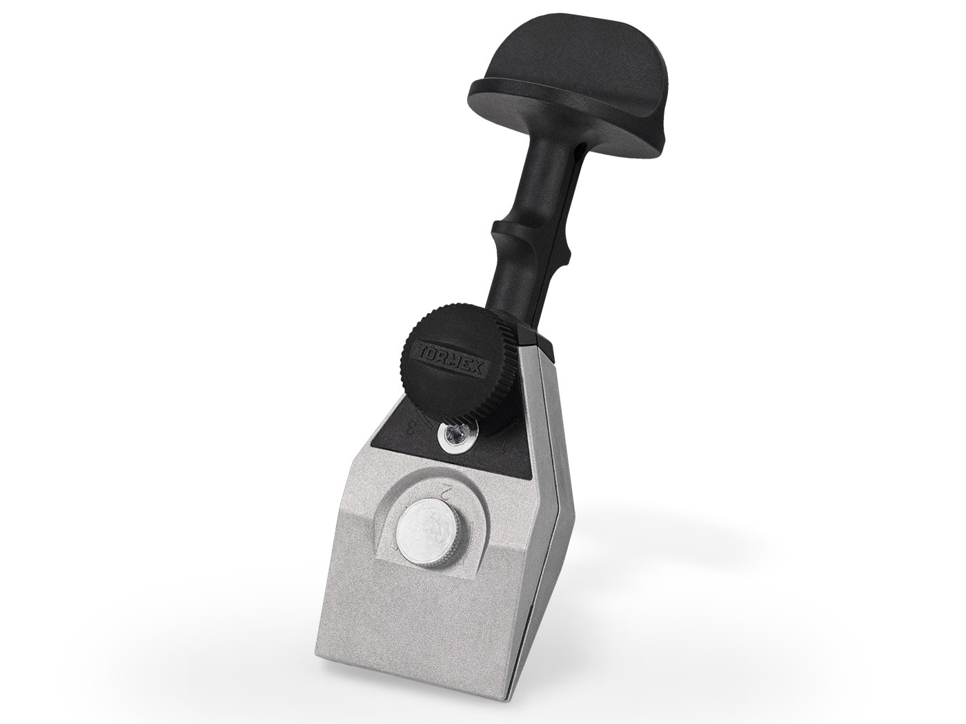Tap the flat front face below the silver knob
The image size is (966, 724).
click(x=421, y=621)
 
